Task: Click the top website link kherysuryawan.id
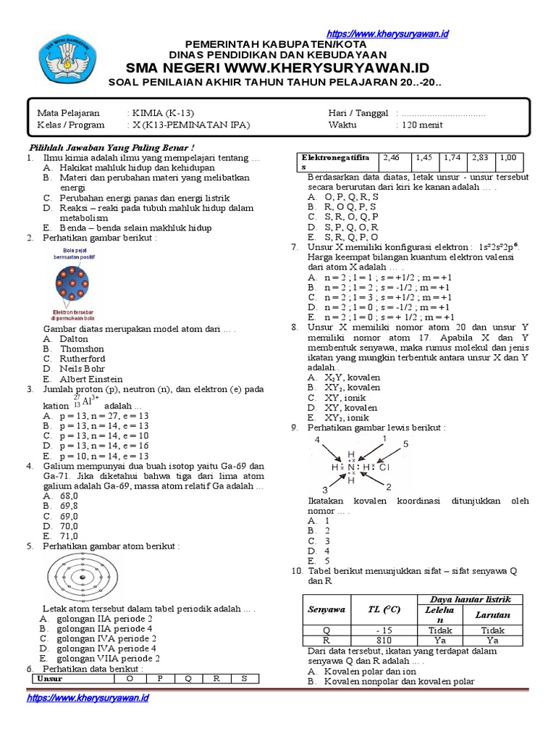pos(388,34)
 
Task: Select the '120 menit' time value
pos(420,125)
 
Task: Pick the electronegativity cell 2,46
pos(391,157)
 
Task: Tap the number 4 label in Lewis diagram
pos(316,441)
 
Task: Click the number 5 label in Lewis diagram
pos(405,443)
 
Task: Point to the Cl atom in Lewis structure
pos(384,467)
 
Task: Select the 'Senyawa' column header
pos(326,610)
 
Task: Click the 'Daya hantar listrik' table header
pos(470,599)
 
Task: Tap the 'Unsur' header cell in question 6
pos(51,679)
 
